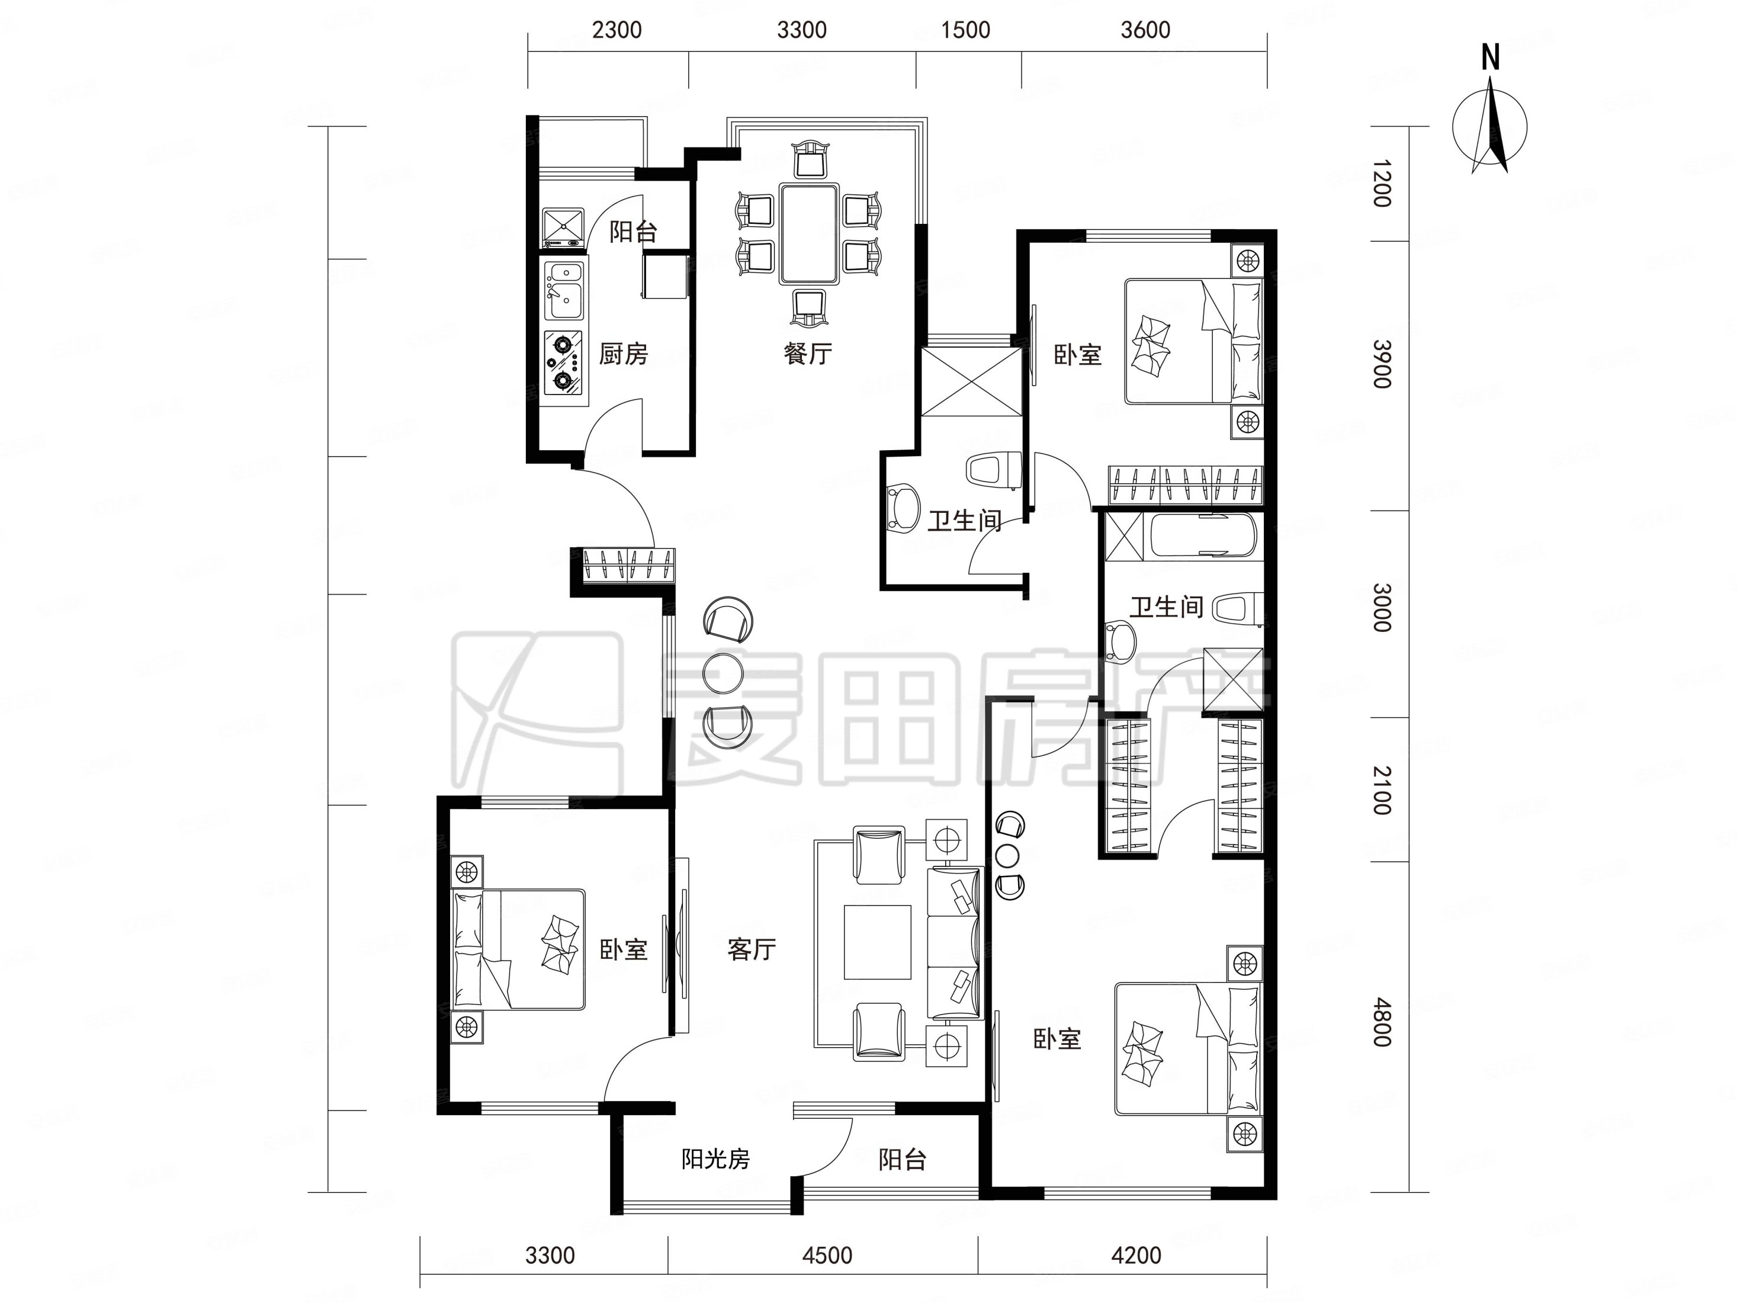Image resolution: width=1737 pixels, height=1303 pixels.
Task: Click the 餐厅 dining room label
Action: point(807,354)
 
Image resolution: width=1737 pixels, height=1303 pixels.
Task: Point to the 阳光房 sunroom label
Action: point(715,1159)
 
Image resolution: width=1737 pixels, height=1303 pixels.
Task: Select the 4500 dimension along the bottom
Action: point(827,1255)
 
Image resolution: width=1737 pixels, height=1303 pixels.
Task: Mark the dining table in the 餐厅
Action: point(809,233)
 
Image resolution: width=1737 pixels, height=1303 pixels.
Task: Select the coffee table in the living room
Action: point(877,942)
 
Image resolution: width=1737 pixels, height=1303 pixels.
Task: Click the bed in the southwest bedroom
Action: point(519,949)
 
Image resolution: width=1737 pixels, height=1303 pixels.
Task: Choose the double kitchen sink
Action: point(564,291)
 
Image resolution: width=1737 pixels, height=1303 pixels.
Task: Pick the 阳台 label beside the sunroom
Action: point(903,1159)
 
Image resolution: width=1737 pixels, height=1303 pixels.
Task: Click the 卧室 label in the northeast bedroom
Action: point(1077,355)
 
